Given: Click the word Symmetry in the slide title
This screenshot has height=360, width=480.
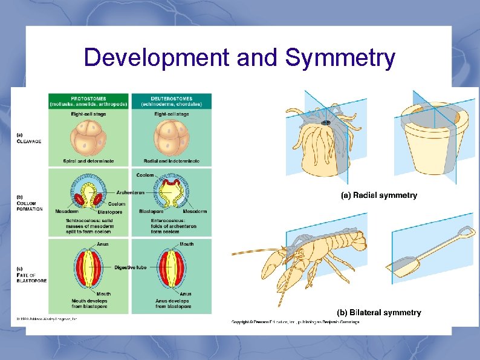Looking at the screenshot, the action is tap(340, 58).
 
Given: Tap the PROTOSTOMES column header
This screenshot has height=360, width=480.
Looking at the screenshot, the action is tap(89, 101).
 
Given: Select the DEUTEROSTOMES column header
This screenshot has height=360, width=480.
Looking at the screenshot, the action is tap(171, 101).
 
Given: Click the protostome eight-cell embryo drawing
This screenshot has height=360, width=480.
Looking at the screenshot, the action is tap(89, 137).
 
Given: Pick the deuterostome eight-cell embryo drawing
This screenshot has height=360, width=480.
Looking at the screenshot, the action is tap(172, 137).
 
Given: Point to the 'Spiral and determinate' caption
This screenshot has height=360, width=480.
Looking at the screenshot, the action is tap(89, 161).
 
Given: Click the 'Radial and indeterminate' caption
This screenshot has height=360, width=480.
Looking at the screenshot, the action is tap(172, 161).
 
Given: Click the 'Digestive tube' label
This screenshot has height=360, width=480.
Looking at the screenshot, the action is tap(130, 267).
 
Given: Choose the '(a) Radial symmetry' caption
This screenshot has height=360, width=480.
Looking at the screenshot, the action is tap(379, 195).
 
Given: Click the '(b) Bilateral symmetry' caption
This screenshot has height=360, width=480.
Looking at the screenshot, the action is tap(378, 313).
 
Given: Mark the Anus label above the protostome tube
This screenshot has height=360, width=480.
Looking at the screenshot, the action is tap(103, 244).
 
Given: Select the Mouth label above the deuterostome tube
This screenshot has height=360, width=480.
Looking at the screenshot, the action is tap(186, 244).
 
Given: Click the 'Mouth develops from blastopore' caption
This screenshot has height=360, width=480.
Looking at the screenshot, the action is tap(88, 304).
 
